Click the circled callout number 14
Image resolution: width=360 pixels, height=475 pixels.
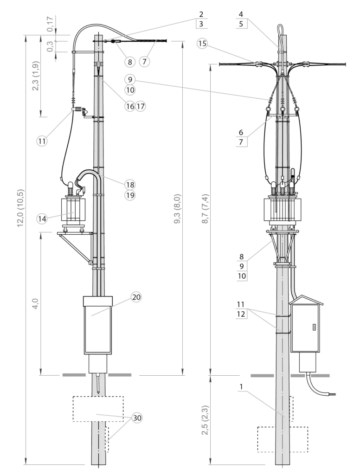(42, 219)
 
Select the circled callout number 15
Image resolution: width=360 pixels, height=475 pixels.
(202, 43)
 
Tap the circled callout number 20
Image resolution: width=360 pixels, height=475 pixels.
(136, 297)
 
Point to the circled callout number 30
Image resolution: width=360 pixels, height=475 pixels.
(137, 418)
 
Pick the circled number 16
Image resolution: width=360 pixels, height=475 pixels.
(130, 106)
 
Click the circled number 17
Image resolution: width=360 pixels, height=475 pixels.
(140, 106)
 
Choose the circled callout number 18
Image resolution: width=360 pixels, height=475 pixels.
(130, 185)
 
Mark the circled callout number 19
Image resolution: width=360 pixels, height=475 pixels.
(130, 195)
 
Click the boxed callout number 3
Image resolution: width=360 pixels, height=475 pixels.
(201, 24)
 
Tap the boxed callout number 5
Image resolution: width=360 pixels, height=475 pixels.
(241, 24)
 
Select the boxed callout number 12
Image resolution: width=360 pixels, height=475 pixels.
(241, 314)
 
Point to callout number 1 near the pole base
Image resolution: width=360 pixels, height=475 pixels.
(241, 386)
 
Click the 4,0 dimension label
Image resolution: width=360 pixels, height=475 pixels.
(35, 303)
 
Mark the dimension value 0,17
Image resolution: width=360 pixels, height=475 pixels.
(50, 24)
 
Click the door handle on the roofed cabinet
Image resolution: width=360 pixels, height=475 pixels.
(314, 327)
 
